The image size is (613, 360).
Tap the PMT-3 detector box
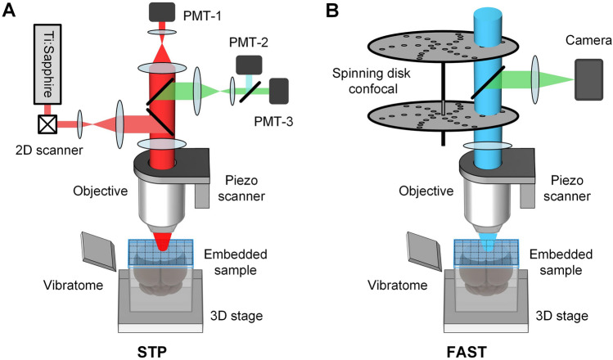[281, 89]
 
